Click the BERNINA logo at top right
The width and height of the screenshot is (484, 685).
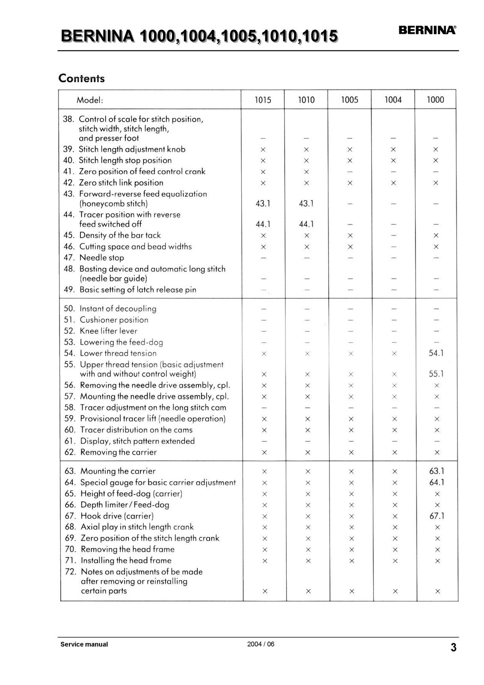tap(427, 30)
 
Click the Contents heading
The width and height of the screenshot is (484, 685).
tap(81, 78)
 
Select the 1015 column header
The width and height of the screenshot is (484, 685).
tap(263, 100)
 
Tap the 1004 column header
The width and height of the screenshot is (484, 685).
tap(393, 100)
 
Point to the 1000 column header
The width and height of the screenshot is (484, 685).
tap(435, 100)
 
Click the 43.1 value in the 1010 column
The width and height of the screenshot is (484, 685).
tap(306, 204)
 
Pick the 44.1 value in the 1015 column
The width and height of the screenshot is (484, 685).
tap(263, 224)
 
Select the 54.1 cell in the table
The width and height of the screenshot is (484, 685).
tap(436, 353)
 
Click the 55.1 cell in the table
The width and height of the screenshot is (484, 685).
tap(436, 374)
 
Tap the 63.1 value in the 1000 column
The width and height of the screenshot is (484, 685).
tap(436, 471)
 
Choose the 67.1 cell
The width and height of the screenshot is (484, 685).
tap(437, 516)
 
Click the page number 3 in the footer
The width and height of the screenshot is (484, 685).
tap(453, 647)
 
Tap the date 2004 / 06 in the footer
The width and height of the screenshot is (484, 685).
tap(261, 644)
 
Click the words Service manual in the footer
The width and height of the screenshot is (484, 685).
tap(84, 644)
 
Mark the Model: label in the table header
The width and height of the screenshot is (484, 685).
tap(90, 100)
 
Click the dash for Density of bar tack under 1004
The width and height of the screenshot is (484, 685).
tap(393, 235)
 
